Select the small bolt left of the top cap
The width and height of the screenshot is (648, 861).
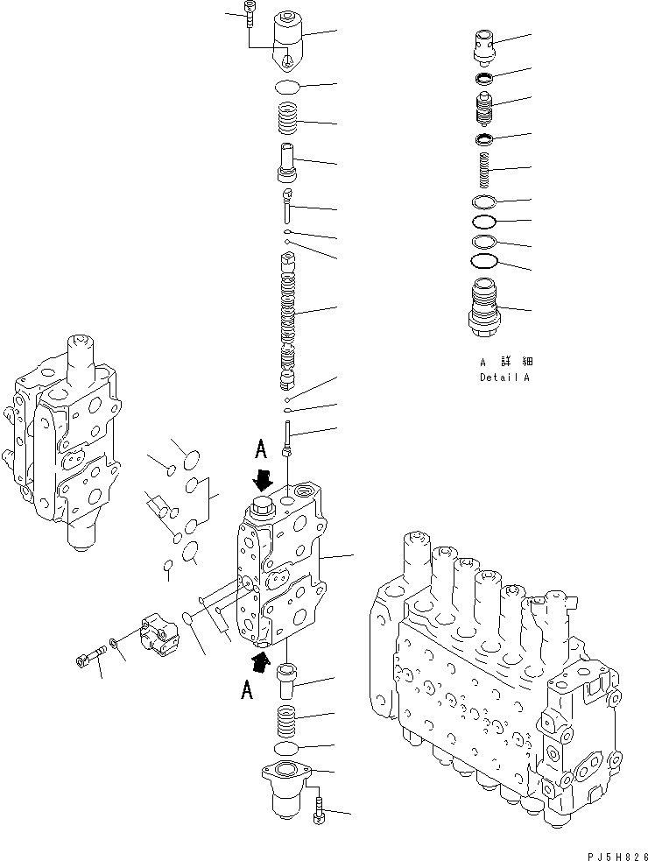[250, 16]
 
